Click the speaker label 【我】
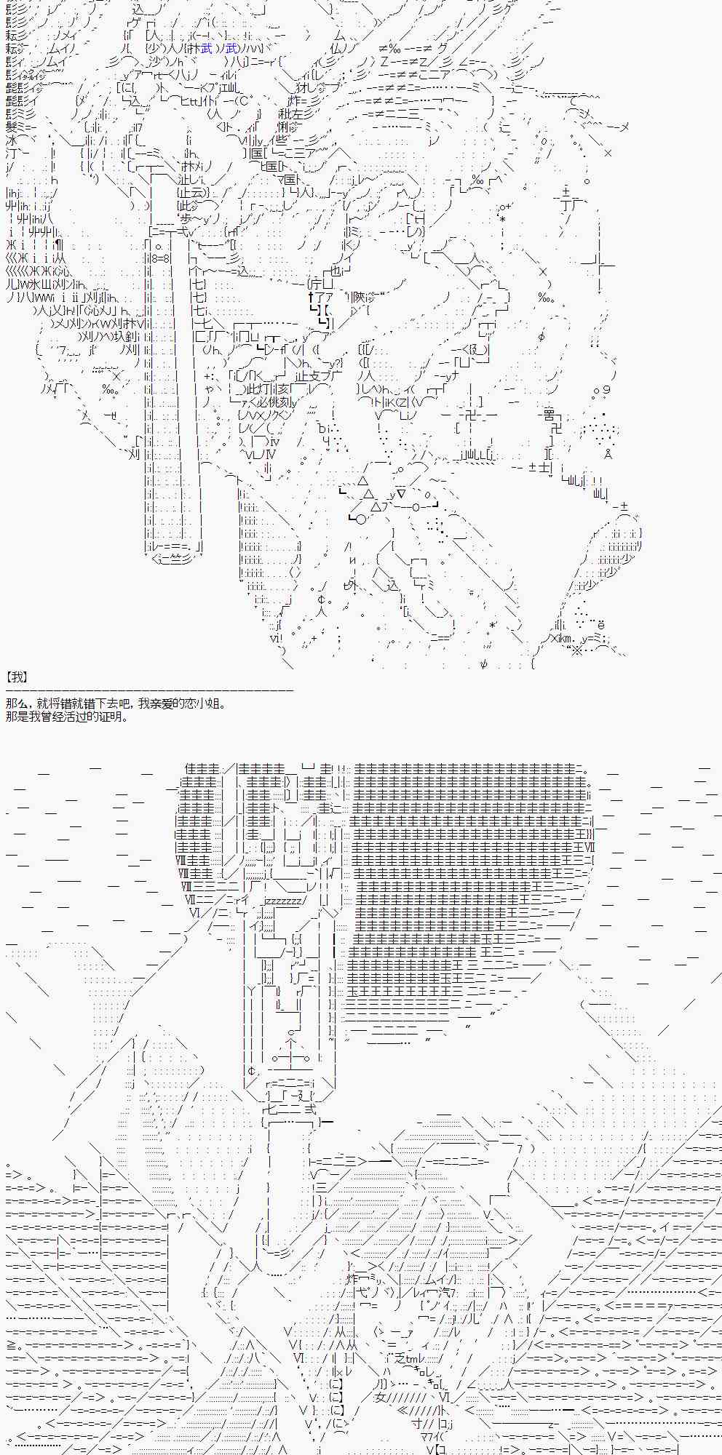16,677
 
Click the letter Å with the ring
608,454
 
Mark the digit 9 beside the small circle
607,391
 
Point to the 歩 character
182,219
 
